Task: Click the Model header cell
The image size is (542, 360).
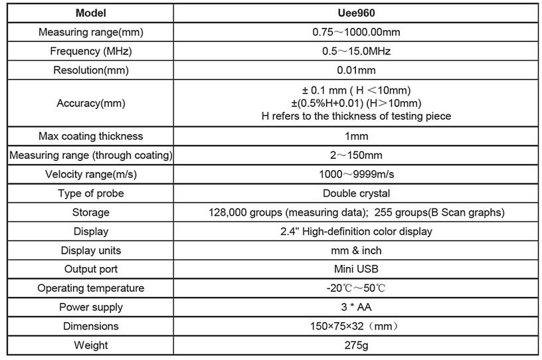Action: click(x=91, y=13)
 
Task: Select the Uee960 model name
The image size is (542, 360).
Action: click(x=356, y=13)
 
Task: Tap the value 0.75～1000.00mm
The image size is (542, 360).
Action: click(x=356, y=33)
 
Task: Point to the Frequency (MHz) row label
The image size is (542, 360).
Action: click(x=91, y=51)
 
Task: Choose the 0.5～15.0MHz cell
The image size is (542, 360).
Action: click(x=356, y=51)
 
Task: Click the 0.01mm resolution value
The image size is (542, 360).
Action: click(x=356, y=70)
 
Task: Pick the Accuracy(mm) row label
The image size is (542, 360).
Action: click(x=91, y=103)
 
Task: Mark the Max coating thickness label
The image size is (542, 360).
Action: click(x=91, y=136)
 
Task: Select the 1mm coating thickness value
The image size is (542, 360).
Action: click(x=356, y=136)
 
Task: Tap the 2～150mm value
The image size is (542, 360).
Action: click(x=356, y=155)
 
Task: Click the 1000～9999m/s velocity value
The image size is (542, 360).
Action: click(x=356, y=174)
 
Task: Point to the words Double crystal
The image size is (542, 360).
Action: click(x=356, y=193)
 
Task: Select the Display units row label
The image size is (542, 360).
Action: click(x=91, y=250)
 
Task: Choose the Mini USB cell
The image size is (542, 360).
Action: click(x=356, y=269)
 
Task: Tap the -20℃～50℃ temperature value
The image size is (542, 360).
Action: click(x=356, y=288)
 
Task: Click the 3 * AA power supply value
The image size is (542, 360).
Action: click(x=356, y=307)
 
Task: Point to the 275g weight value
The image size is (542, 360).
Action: click(x=356, y=345)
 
